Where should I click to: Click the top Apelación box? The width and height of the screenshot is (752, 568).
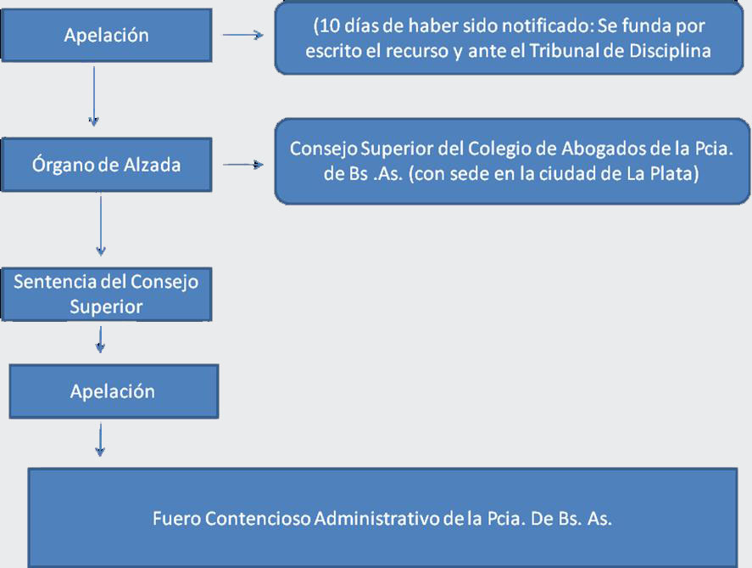click(x=107, y=35)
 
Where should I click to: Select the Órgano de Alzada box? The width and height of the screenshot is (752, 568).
click(x=107, y=165)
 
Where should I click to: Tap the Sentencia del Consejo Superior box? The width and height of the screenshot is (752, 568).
click(x=107, y=295)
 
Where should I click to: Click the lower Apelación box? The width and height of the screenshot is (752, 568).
click(x=114, y=391)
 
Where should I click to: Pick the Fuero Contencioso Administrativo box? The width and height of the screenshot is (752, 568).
click(x=382, y=518)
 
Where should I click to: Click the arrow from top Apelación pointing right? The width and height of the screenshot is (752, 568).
click(x=242, y=35)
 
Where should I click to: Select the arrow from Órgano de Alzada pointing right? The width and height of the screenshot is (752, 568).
click(x=242, y=165)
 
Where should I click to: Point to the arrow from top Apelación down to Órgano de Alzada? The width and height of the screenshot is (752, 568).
click(x=94, y=97)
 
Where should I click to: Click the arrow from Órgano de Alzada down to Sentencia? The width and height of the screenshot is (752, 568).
click(x=101, y=225)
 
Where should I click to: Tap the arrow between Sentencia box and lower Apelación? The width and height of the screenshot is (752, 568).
click(x=100, y=340)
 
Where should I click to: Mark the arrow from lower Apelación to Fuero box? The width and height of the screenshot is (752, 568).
click(x=100, y=439)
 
